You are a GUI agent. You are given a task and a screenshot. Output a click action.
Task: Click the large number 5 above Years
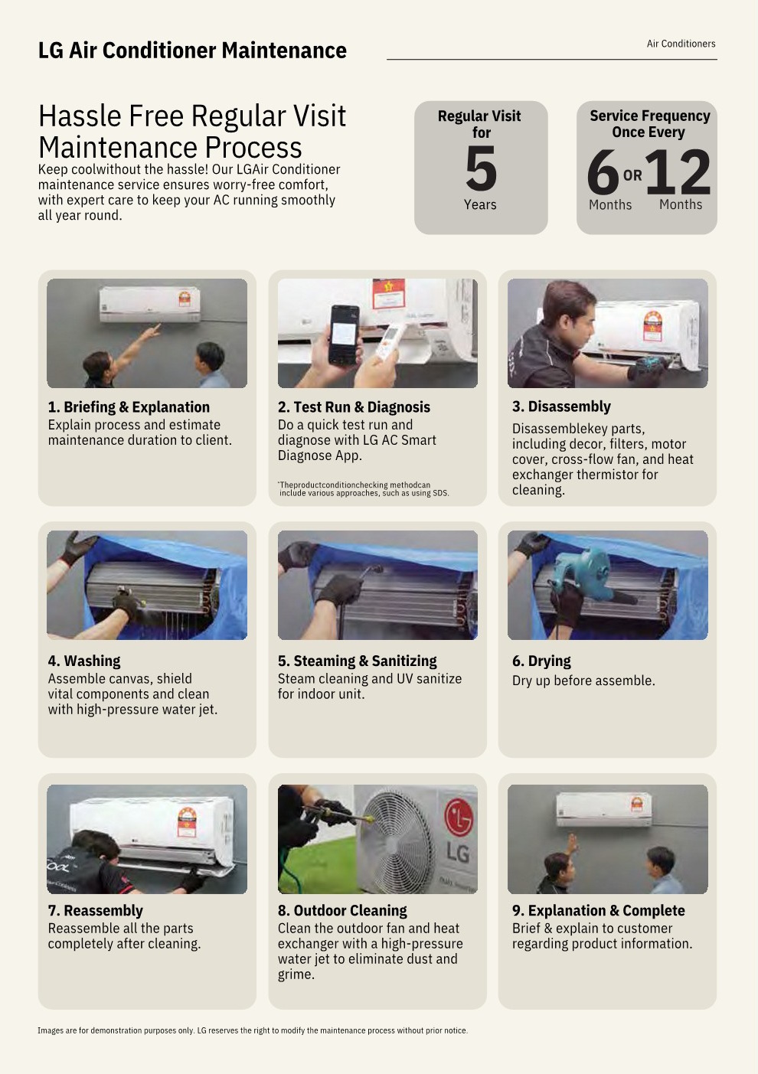(x=481, y=168)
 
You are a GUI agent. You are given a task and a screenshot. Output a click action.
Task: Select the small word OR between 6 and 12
(x=632, y=175)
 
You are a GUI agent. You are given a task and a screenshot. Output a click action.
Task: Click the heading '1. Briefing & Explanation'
(x=129, y=407)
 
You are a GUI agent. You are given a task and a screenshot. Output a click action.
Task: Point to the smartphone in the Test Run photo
(x=344, y=335)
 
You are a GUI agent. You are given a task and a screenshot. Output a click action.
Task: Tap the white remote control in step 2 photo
(x=389, y=341)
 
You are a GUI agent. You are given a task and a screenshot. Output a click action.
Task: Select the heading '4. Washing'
(x=84, y=661)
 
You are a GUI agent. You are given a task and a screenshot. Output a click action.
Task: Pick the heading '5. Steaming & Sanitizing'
(x=358, y=661)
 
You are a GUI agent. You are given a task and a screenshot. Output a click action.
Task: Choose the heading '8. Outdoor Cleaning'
(x=342, y=910)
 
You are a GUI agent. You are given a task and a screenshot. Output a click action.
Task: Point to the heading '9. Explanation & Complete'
(x=598, y=910)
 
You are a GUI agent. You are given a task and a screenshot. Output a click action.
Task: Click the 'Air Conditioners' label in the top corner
(x=681, y=44)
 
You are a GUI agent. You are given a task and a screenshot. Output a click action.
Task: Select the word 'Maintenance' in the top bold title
(x=284, y=51)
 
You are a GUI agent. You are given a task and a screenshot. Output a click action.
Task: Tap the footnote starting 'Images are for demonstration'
(x=253, y=1030)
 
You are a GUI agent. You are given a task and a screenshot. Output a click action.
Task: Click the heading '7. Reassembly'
(x=96, y=910)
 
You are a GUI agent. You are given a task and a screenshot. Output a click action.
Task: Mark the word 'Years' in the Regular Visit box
(x=480, y=204)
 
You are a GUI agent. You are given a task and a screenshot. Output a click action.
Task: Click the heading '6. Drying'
(x=541, y=661)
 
